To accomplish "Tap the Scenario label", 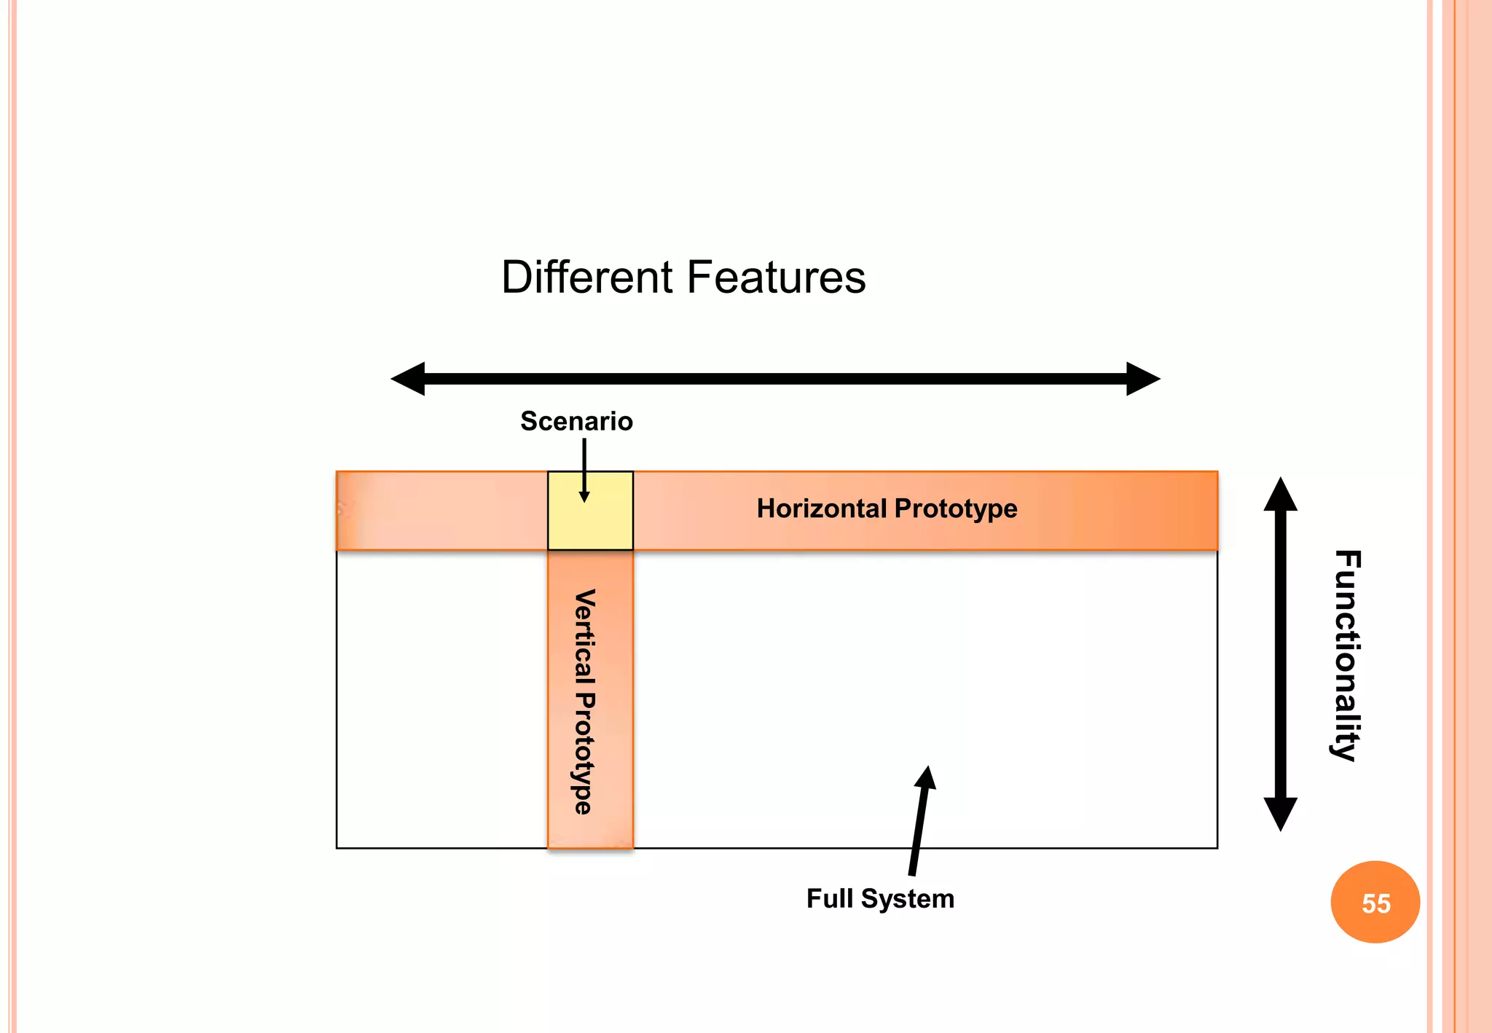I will pos(576,421).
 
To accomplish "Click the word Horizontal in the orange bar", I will pos(821,508).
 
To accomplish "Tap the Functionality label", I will pos(1347,656).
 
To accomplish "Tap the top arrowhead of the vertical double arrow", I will pos(1280,495).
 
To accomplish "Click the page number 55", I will pos(1376,903).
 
